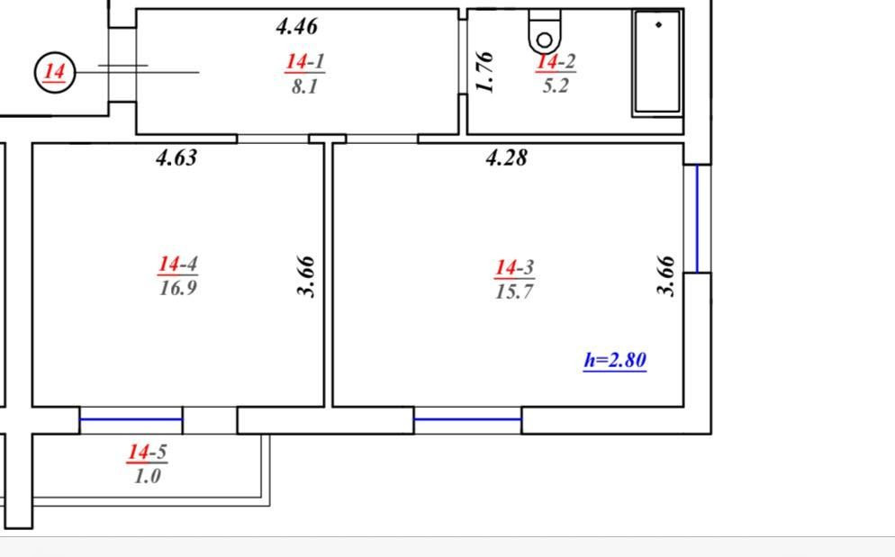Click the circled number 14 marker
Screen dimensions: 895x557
[x=55, y=72]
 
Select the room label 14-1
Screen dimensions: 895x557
[x=305, y=61]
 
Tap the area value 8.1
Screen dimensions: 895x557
[x=305, y=86]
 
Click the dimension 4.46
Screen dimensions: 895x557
[x=297, y=26]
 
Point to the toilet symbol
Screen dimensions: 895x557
[x=545, y=32]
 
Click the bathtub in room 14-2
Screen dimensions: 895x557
[x=657, y=63]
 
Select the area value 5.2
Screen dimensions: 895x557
[x=556, y=85]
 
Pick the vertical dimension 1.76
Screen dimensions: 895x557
[x=484, y=72]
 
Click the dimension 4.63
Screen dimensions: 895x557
[x=176, y=157]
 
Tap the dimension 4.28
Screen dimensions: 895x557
[x=506, y=157]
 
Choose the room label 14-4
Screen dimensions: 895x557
[x=178, y=264]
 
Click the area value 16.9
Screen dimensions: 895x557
[x=178, y=288]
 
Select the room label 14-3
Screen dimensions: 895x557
[x=514, y=267]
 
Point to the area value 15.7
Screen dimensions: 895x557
[x=514, y=292]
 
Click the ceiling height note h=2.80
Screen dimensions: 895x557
[x=615, y=360]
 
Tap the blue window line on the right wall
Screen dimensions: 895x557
[x=697, y=219]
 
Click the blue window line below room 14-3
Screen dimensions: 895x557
[x=467, y=419]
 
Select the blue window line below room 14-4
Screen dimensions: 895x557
[x=131, y=419]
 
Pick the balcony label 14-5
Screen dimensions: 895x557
[x=148, y=452]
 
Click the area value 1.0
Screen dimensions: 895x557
[x=148, y=476]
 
